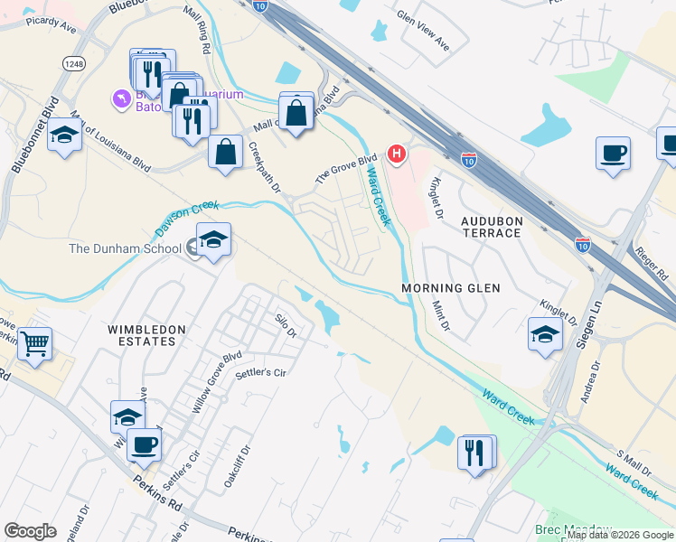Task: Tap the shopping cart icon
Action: coord(34,344)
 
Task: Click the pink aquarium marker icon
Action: coord(120,98)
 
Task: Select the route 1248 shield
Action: coord(73,62)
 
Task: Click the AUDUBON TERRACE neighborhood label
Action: coord(491,226)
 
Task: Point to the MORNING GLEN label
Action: coord(451,288)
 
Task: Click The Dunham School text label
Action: coord(125,248)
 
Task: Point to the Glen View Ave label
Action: coord(424,30)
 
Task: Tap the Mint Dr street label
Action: coord(440,315)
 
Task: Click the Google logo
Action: coord(30,530)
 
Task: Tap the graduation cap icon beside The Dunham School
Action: coord(213,240)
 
